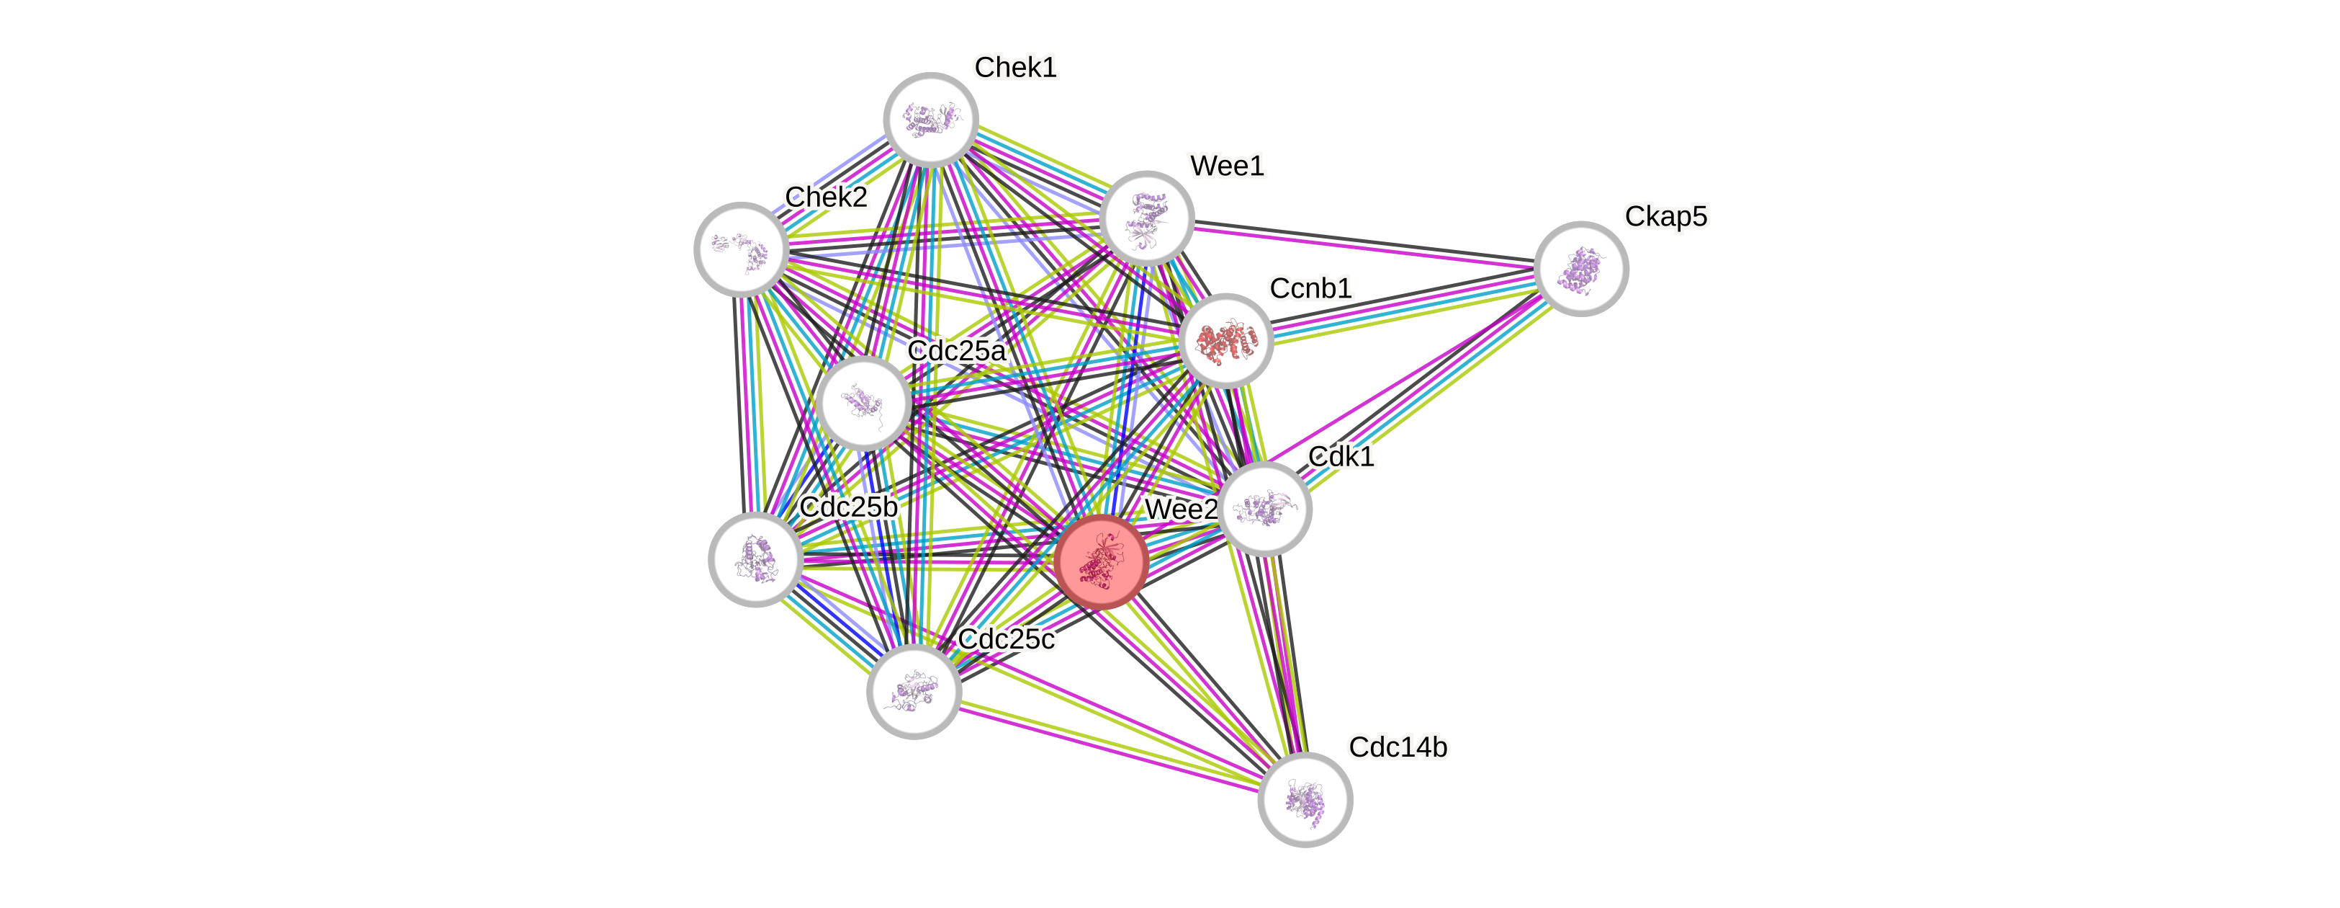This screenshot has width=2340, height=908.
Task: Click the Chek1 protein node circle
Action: pos(930,120)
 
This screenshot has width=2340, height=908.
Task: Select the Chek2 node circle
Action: pos(742,249)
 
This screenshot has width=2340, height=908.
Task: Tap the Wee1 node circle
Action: pos(1146,218)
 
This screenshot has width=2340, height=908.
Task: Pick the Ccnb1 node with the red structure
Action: pos(1225,341)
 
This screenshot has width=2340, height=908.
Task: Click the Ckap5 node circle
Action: pos(1580,268)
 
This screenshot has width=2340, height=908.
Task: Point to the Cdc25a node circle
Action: pos(863,403)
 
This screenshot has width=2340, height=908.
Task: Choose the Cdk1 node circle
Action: pos(1264,508)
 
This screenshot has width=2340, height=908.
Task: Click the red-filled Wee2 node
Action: pos(1101,561)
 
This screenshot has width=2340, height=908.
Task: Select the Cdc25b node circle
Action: pos(756,559)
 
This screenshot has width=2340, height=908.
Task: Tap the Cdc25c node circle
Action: pos(914,692)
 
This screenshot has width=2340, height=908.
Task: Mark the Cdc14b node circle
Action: pos(1305,800)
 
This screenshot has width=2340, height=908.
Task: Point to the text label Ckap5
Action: pos(1666,216)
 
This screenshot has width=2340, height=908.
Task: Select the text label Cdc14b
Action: pos(1397,747)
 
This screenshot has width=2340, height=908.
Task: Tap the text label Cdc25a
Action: pos(957,351)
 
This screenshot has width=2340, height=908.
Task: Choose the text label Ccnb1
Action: pos(1311,288)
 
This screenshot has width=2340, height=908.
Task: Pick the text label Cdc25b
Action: pos(848,507)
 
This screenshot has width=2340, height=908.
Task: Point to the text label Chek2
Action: pos(826,196)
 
